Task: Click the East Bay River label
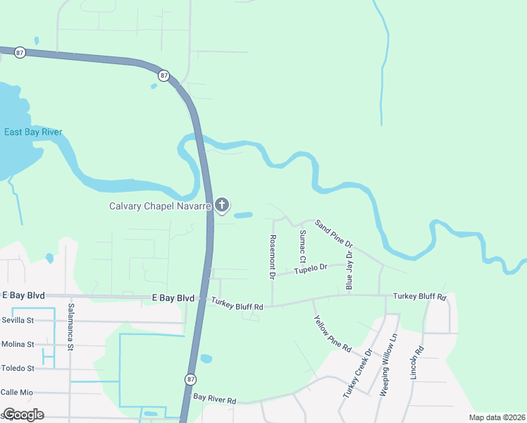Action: [x=33, y=132]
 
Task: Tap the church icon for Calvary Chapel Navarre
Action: [x=222, y=206]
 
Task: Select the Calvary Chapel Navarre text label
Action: [x=160, y=207]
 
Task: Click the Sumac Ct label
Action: [x=302, y=247]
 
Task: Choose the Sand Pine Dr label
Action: [x=334, y=233]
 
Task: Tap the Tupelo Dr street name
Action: [x=311, y=269]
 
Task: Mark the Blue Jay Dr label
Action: [x=349, y=269]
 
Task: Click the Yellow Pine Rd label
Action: [x=333, y=333]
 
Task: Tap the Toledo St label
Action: [x=18, y=368]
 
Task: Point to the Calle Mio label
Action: [x=18, y=392]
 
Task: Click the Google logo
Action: [x=23, y=414]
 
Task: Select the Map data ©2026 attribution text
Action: [x=496, y=417]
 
